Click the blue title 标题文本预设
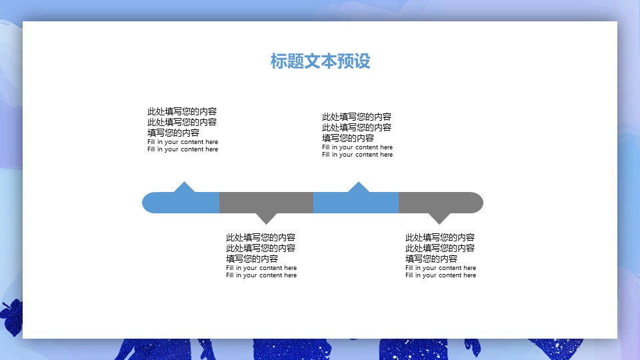point(320,61)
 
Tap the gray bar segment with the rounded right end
point(440,203)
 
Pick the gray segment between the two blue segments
point(266,203)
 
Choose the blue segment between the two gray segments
point(356,203)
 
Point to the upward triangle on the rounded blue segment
point(184,187)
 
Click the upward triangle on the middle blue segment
point(359,187)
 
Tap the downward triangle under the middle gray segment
point(267,218)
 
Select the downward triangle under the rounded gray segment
point(439,218)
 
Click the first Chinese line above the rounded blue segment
point(182,111)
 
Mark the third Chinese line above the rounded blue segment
point(173,133)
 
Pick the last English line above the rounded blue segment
point(183,149)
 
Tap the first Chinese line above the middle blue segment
point(357,117)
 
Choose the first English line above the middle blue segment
point(357,147)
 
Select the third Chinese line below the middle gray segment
point(252,259)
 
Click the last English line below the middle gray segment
point(261,275)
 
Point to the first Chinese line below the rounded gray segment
point(440,237)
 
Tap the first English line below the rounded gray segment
point(441,268)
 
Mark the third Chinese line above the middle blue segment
point(348,138)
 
